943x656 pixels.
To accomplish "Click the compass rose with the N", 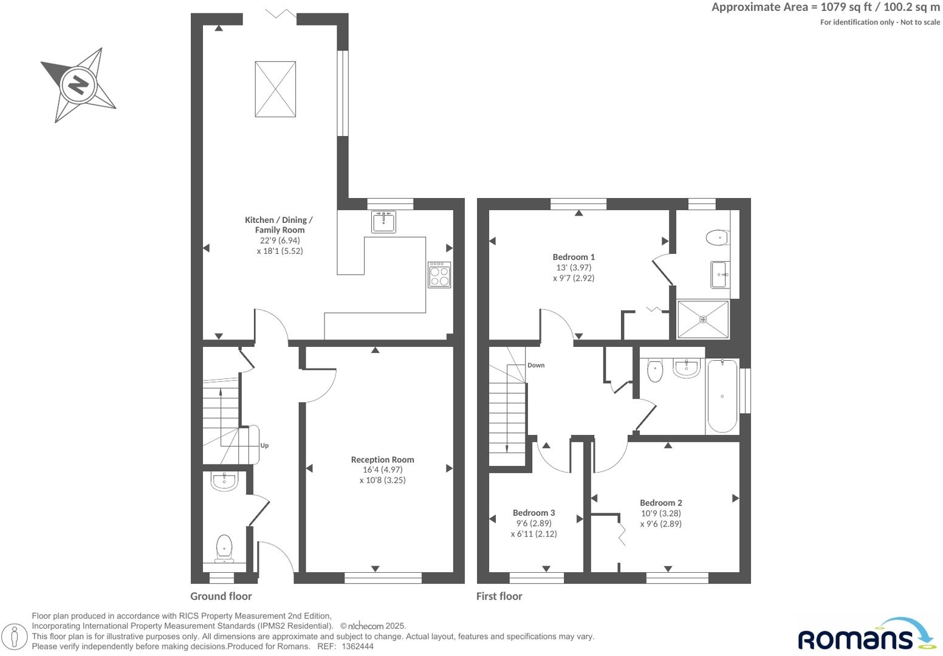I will pos(78,84).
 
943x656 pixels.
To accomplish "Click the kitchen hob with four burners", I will pos(439,275).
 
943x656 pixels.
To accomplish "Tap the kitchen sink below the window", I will pos(383,222).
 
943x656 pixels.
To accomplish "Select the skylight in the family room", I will pos(275,89).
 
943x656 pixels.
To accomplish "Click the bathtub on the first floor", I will pos(722,396).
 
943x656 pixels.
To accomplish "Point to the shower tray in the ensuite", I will pos(703,319).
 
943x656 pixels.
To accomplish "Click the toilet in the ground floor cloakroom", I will pos(224,547).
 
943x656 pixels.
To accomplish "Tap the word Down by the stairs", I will pos(536,365).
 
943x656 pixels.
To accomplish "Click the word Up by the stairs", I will pos(264,445).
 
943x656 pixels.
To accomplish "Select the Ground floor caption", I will pos(221,596).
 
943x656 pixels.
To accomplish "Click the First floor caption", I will pos(499,596).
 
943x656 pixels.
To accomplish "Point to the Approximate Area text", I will pos(825,7).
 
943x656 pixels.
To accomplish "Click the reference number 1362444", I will pos(358,647).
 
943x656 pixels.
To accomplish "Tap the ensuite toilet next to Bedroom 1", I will pos(718,237).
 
